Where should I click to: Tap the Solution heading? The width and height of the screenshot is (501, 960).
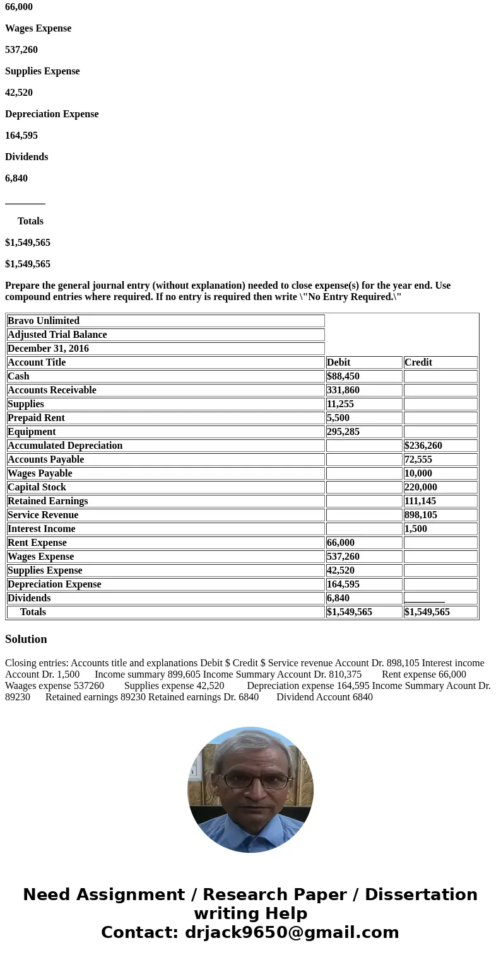tap(26, 639)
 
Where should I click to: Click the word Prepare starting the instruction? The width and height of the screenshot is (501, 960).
tap(23, 286)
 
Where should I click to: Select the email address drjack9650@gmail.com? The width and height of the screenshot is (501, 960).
tap(292, 932)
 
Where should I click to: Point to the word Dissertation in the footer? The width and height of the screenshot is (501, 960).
tap(421, 894)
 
